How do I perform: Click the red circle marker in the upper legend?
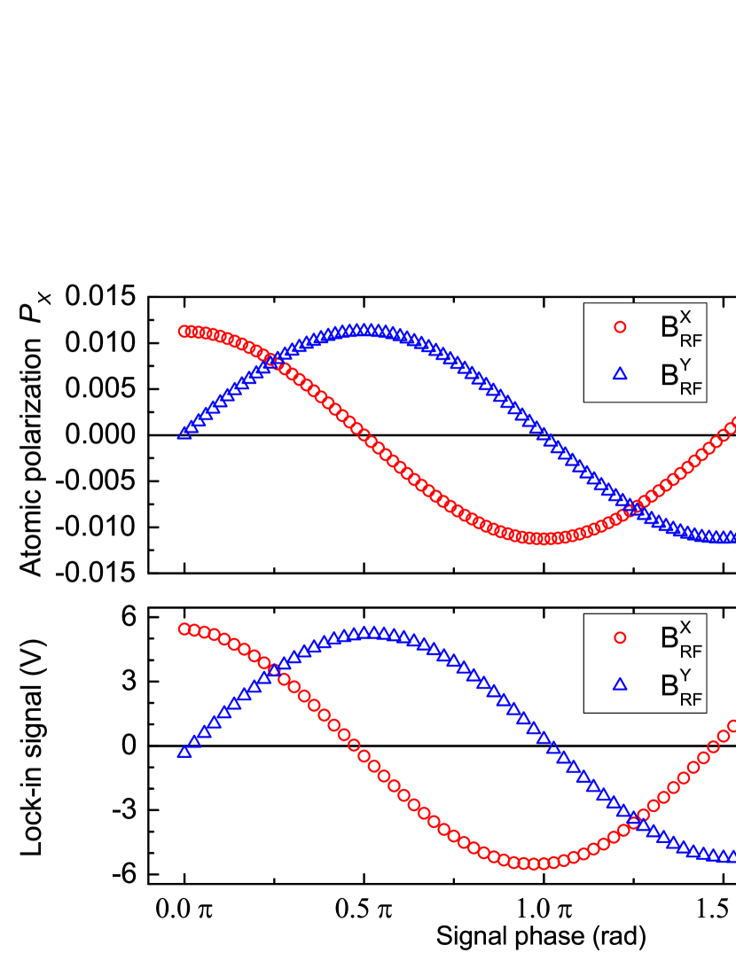[x=620, y=327]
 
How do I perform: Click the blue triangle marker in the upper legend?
[x=620, y=374]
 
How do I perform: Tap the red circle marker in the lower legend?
[x=620, y=637]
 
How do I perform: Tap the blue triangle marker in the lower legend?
[x=620, y=684]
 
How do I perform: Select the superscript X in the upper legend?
[x=685, y=316]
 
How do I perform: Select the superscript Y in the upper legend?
[x=685, y=363]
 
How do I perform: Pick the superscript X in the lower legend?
[x=685, y=627]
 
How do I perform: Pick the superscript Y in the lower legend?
[x=685, y=674]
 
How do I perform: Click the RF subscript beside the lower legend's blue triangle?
[x=691, y=699]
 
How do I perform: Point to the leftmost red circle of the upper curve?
[x=184, y=331]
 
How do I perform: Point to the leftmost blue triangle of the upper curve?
[x=184, y=433]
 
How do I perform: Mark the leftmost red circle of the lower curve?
[x=184, y=629]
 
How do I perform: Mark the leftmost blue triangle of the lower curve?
[x=184, y=752]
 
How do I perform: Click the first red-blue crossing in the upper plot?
[x=273, y=360]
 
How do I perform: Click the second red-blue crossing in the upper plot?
[x=633, y=507]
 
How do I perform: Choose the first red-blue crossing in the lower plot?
[x=274, y=669]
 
